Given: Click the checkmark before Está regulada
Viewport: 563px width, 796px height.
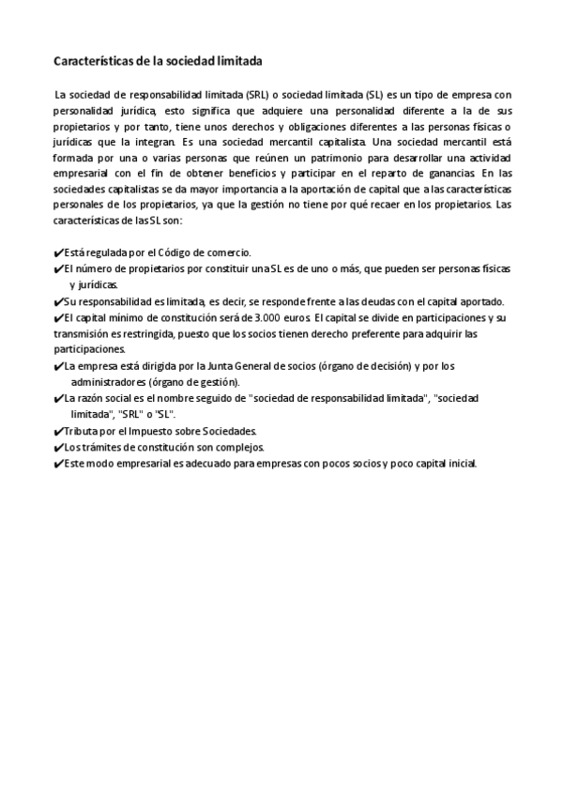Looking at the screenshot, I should [58, 253].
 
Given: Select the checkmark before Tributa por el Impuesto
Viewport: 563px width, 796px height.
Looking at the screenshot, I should [58, 430].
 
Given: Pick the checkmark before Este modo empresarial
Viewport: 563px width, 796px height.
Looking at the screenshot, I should [58, 462].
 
